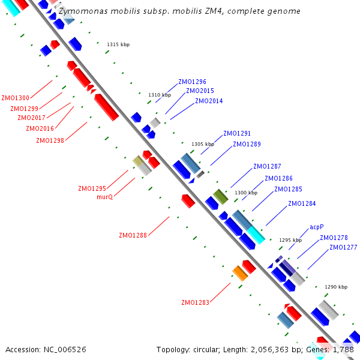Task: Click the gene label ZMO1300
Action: click(x=15, y=98)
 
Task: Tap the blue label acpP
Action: click(x=317, y=227)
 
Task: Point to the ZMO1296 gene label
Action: click(x=192, y=82)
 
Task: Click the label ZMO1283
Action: click(x=195, y=302)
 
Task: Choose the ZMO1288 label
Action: click(x=133, y=235)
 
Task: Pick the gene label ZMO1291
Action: click(x=237, y=133)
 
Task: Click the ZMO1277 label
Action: click(x=343, y=247)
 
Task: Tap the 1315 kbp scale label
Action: click(x=118, y=44)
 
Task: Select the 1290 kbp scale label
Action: click(x=336, y=287)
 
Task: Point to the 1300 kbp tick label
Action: click(x=246, y=193)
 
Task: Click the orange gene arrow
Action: click(x=240, y=273)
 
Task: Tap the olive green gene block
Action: click(x=221, y=196)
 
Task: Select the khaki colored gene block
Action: click(x=138, y=161)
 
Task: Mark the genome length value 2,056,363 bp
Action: click(x=274, y=349)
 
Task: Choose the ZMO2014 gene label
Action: click(x=209, y=101)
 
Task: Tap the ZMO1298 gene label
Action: click(x=50, y=140)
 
